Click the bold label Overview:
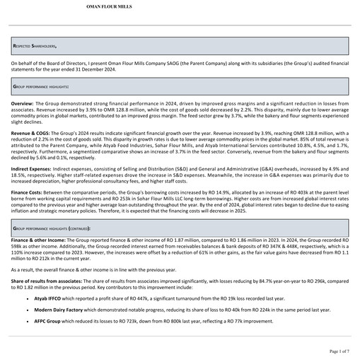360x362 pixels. [22, 103]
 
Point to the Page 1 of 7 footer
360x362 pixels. [339, 351]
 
